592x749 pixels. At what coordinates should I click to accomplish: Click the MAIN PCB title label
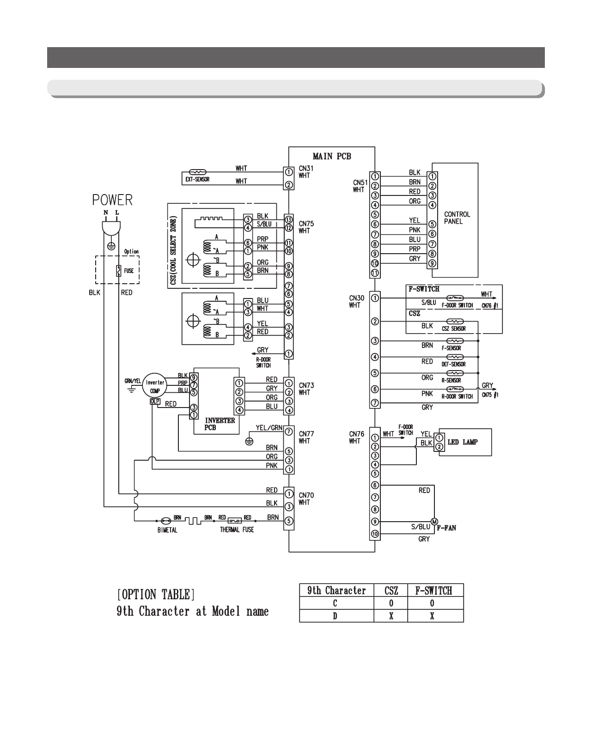point(331,156)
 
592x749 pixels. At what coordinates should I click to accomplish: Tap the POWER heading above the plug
point(112,200)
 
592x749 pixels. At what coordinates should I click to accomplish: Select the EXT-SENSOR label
point(198,179)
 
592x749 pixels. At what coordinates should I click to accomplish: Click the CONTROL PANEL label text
point(457,218)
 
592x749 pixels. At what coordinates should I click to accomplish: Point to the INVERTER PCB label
point(220,424)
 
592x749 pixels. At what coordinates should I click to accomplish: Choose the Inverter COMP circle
point(155,386)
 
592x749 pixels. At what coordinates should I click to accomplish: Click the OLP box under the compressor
point(155,402)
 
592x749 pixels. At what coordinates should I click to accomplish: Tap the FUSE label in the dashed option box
point(129,271)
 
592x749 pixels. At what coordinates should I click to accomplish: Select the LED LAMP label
point(463,442)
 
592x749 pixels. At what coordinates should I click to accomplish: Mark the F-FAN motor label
point(447,527)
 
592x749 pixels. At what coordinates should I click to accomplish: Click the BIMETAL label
point(167,530)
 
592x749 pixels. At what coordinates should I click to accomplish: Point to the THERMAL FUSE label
point(237,530)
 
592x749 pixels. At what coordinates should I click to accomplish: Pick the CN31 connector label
point(306,169)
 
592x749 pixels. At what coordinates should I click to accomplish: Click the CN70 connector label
point(306,495)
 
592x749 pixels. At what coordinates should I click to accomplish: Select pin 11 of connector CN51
point(375,273)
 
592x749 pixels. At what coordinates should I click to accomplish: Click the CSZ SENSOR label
point(453,329)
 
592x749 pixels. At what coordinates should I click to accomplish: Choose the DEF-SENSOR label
point(453,364)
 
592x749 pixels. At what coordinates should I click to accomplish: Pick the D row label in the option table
point(336,616)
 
